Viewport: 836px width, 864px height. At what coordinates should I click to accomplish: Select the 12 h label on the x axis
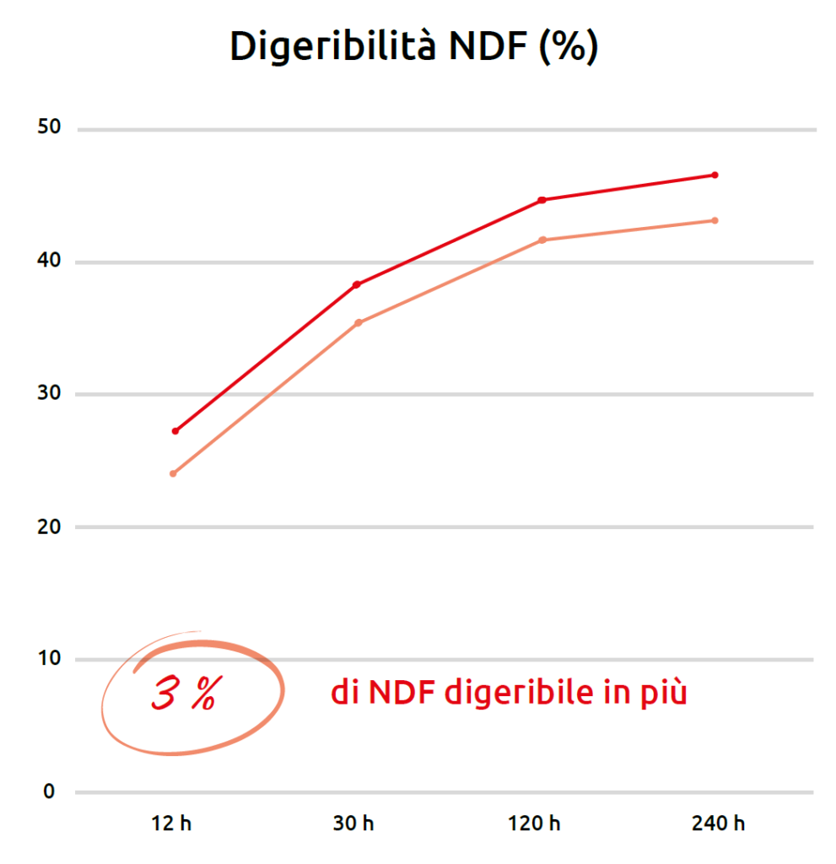coord(172,823)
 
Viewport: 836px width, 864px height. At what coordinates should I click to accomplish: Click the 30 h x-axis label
coord(354,823)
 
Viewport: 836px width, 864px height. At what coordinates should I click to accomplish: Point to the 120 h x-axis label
coord(534,823)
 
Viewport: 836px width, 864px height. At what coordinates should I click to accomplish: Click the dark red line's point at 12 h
coord(175,431)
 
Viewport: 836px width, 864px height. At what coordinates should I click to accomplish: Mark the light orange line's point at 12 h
coord(173,473)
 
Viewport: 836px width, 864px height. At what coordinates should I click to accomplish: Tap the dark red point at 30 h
coord(356,284)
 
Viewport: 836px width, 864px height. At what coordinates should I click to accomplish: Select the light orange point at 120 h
coord(542,240)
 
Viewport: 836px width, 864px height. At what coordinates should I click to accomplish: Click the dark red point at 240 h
coord(715,175)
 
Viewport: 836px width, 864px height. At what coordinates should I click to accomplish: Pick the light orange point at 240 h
coord(715,220)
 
